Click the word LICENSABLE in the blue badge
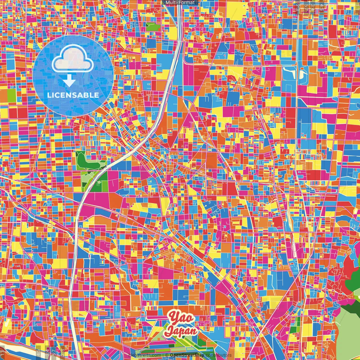click(73, 95)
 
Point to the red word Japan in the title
click(181, 331)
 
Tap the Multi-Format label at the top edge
click(180, 3)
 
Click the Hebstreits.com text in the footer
click(145, 355)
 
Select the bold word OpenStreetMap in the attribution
click(187, 355)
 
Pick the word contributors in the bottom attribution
click(219, 355)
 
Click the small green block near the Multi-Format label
click(153, 27)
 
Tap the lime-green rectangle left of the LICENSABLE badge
click(12, 95)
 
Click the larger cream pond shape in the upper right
click(290, 73)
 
